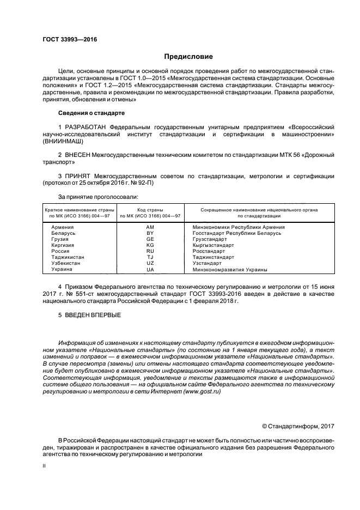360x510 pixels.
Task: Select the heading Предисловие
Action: [189, 57]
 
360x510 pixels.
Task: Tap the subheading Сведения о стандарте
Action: [91, 113]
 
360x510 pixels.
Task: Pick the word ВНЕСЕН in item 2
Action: [81, 155]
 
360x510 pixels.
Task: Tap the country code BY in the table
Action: [150, 233]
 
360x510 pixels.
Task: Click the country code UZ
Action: [150, 263]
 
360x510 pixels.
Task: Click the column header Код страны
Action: [150, 209]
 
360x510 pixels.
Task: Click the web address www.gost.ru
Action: [202, 392]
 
